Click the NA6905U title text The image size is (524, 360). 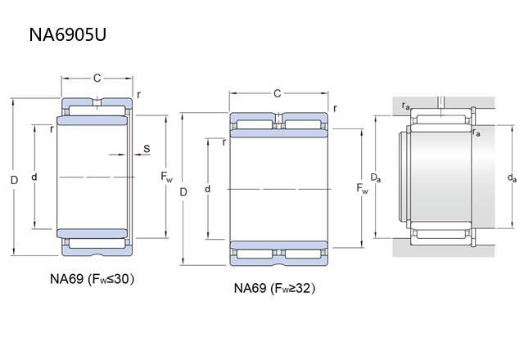[x=68, y=36]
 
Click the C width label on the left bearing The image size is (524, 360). [x=96, y=79]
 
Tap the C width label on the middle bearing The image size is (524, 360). [x=277, y=93]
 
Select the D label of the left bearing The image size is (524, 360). [x=12, y=179]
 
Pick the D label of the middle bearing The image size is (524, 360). [x=183, y=191]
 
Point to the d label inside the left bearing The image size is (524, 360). [x=34, y=177]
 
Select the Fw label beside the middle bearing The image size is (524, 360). [x=363, y=189]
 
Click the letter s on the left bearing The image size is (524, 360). [x=146, y=148]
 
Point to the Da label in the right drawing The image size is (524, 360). [x=374, y=177]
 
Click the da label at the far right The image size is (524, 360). [x=512, y=177]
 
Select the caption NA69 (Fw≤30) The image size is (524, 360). [x=92, y=279]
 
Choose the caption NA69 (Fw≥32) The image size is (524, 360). [x=274, y=288]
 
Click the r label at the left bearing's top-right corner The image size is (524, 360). [x=138, y=94]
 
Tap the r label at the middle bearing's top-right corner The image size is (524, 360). [x=334, y=108]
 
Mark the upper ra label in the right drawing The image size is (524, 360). [x=406, y=106]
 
